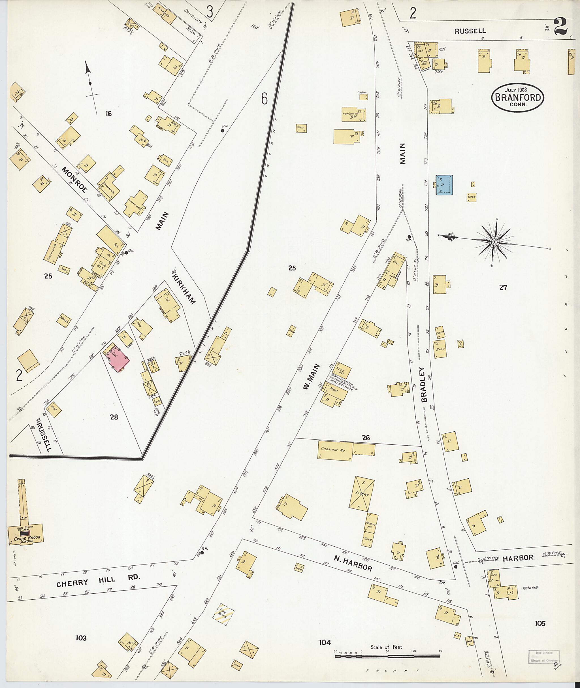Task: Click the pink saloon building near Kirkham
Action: point(118,359)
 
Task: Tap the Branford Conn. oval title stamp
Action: point(517,98)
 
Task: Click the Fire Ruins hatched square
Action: point(223,614)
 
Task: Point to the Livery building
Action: point(361,494)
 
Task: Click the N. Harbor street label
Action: point(353,563)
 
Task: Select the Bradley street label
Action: point(424,384)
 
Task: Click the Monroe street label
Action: point(75,180)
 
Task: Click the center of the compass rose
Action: point(494,242)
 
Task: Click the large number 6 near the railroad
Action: point(264,98)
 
